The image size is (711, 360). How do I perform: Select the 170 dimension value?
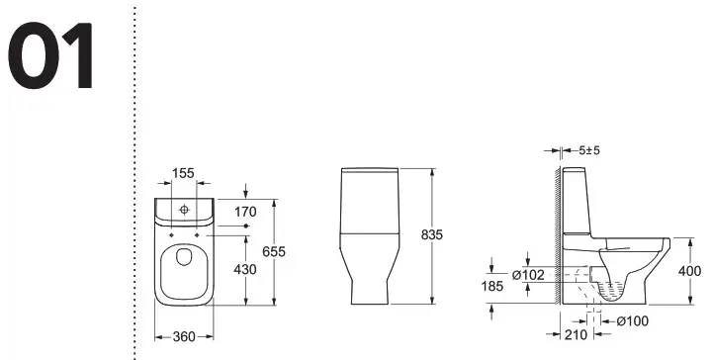click(246, 211)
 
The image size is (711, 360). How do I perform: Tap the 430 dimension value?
click(246, 268)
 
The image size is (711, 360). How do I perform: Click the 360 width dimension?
click(179, 336)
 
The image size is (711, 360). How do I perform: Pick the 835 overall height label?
click(431, 235)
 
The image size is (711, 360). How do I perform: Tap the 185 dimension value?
click(491, 287)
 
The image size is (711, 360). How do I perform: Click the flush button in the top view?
click(183, 211)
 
